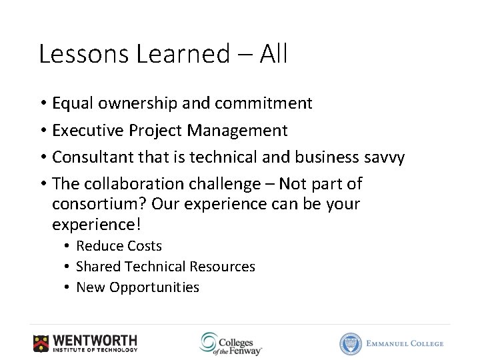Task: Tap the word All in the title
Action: pyautogui.click(x=273, y=54)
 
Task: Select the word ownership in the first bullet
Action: pyautogui.click(x=131, y=103)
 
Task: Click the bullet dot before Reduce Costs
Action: pyautogui.click(x=68, y=247)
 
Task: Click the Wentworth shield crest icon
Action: pyautogui.click(x=41, y=343)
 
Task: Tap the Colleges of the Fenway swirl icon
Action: pyautogui.click(x=209, y=342)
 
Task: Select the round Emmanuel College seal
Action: pyautogui.click(x=351, y=343)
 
